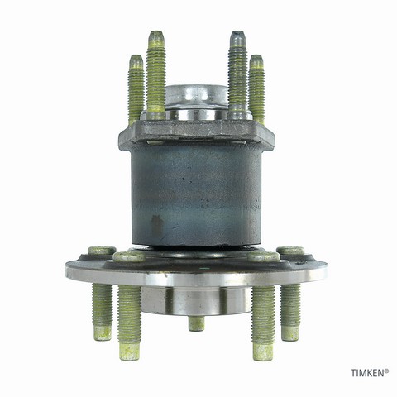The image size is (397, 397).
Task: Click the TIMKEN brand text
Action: click(x=367, y=373)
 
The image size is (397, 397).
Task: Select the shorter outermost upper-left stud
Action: click(x=136, y=89)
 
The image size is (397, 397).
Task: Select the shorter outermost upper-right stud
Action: click(x=256, y=89)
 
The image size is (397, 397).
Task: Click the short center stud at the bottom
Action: click(x=197, y=323)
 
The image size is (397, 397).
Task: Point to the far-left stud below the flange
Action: click(x=103, y=312)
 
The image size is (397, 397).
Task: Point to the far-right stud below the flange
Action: click(x=290, y=312)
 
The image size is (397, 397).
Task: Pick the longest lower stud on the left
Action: click(x=130, y=323)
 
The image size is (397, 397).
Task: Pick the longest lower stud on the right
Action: click(x=263, y=323)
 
